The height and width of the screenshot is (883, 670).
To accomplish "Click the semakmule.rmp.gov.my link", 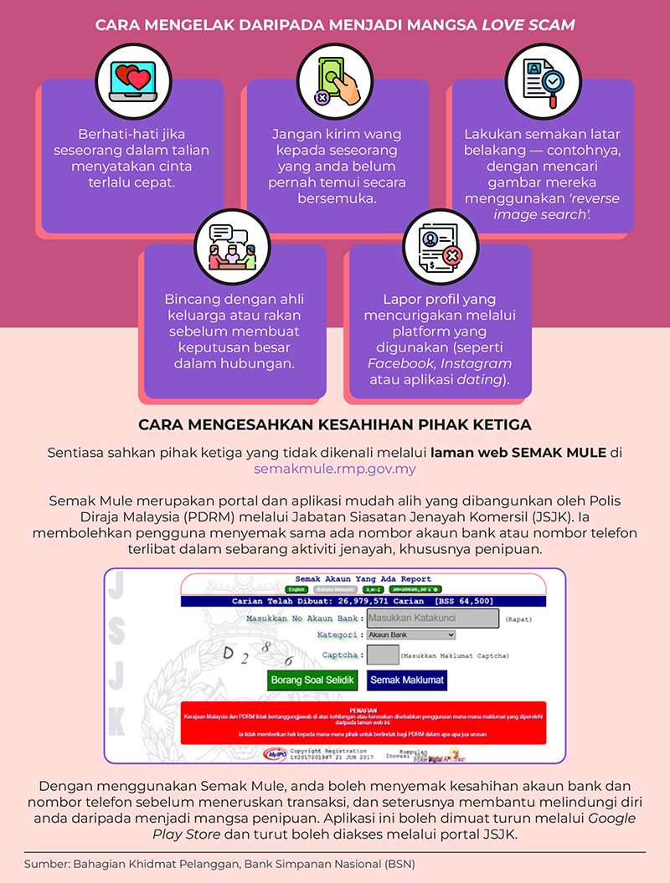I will (335, 469).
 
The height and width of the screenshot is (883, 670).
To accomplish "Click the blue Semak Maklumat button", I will (407, 680).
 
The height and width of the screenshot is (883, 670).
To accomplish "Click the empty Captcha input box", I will (383, 655).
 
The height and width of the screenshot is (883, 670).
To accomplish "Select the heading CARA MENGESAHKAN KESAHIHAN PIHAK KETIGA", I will (335, 424).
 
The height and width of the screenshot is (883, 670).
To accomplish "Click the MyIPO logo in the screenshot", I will (275, 754).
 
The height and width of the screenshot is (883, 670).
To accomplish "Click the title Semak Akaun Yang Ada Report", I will (363, 578).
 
